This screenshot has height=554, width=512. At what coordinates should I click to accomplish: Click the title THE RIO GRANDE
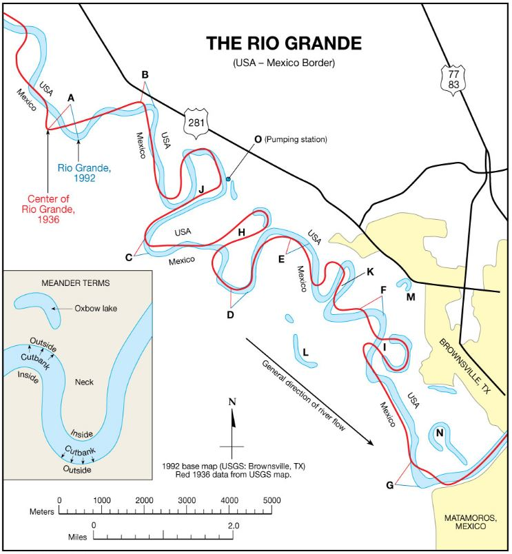coord(283,44)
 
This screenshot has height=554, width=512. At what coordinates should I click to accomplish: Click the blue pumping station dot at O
coord(228,180)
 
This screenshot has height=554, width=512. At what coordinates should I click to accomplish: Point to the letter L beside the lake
coord(305,351)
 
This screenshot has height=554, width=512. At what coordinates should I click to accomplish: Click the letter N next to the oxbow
coord(439,433)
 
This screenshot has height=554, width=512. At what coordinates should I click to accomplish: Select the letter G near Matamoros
coord(390,485)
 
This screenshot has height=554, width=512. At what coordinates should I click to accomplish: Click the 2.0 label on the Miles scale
coord(233,525)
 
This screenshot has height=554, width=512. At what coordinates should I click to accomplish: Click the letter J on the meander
coord(201,188)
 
